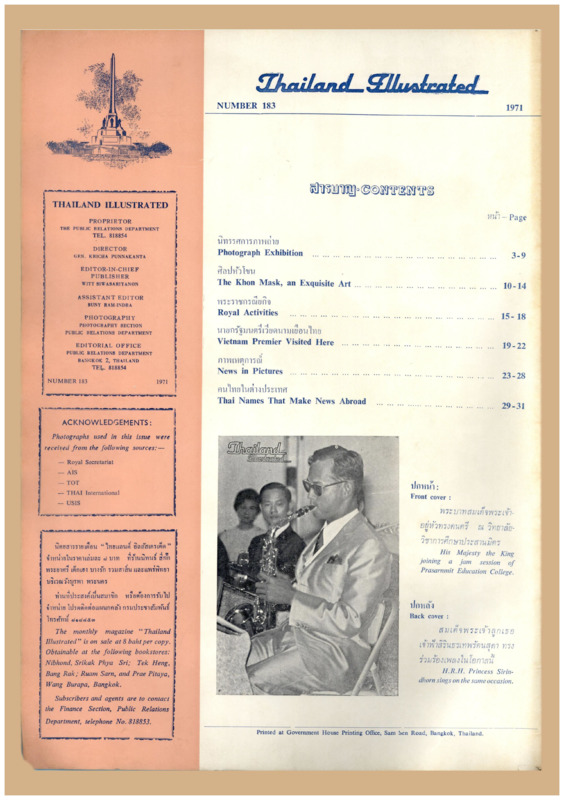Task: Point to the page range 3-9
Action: (x=518, y=255)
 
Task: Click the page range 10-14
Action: (x=514, y=286)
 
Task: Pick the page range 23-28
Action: (x=513, y=376)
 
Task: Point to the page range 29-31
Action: (x=513, y=406)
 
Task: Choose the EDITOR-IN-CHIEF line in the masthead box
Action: (x=109, y=271)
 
